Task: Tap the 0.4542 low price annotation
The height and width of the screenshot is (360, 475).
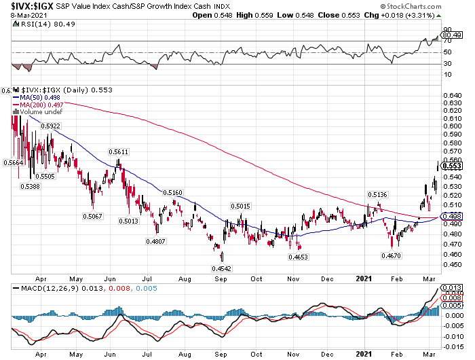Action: coord(221,269)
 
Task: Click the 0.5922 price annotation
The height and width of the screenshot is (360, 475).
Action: coord(50,126)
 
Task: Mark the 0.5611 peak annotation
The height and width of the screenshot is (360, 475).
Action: coord(119,152)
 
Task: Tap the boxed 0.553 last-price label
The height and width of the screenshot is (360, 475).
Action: coord(452,165)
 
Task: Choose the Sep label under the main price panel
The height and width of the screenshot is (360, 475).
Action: coord(221,278)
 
